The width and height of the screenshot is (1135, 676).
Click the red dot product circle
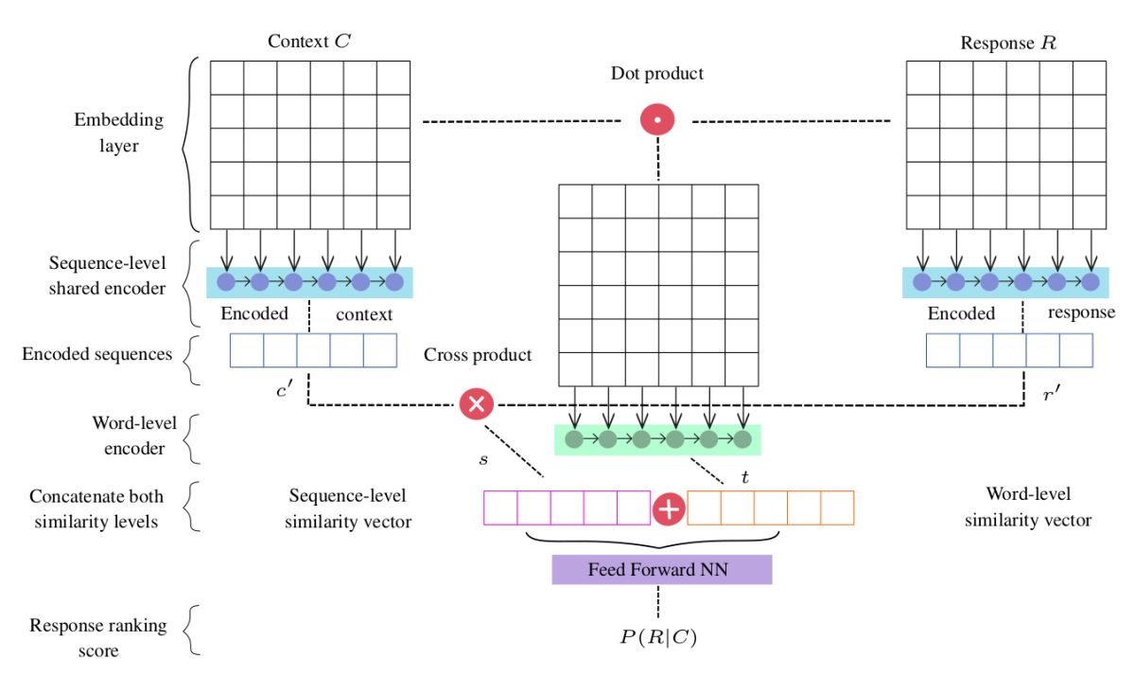(657, 119)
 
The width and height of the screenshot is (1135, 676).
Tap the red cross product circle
(477, 404)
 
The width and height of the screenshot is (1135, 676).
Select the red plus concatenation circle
(669, 508)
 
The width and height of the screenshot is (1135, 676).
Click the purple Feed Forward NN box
(662, 570)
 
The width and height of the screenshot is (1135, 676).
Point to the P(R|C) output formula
(658, 637)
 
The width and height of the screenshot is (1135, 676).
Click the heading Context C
(309, 41)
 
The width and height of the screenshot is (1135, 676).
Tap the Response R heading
(1008, 44)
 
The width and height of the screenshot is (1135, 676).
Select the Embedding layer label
(119, 133)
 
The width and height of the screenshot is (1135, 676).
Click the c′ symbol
(285, 390)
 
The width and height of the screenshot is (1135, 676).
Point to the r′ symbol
(1052, 393)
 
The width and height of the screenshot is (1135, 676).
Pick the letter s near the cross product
(483, 459)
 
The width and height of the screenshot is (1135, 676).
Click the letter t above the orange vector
(744, 476)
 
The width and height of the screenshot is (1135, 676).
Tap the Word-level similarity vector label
(1028, 507)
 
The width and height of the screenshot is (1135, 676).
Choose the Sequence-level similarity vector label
(348, 508)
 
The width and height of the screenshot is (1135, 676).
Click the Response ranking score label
(98, 637)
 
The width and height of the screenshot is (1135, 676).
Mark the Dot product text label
(657, 74)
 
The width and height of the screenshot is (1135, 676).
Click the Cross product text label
(478, 354)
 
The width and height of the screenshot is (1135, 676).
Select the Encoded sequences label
(97, 354)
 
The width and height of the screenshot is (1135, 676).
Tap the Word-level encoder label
(134, 436)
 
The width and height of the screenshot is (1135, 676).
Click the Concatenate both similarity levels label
(96, 508)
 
